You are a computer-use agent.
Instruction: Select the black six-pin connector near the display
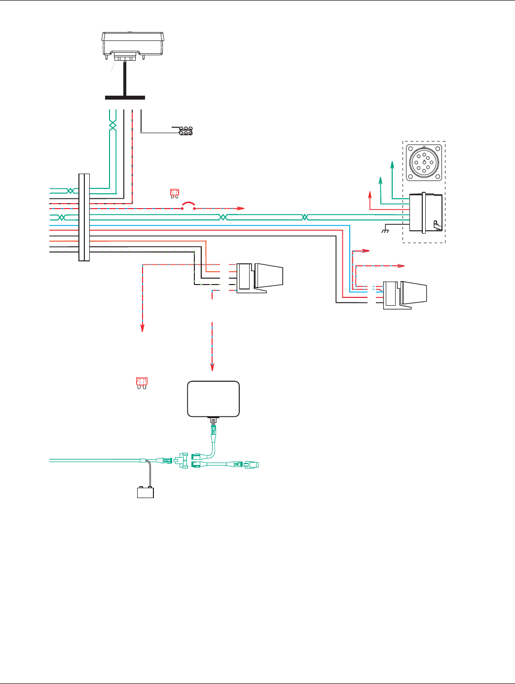pyautogui.click(x=186, y=131)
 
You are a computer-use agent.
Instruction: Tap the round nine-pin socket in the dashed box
pyautogui.click(x=424, y=162)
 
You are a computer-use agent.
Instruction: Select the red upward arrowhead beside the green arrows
pyautogui.click(x=370, y=194)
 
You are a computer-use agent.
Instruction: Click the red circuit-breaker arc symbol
pyautogui.click(x=188, y=204)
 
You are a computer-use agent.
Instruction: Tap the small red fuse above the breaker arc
pyautogui.click(x=175, y=193)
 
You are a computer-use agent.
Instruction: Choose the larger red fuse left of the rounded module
pyautogui.click(x=142, y=383)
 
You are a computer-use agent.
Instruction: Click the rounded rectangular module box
pyautogui.click(x=214, y=398)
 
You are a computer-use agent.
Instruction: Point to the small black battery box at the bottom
pyautogui.click(x=146, y=492)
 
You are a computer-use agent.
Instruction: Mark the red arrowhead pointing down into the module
pyautogui.click(x=213, y=367)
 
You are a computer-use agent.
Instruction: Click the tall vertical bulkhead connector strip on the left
pyautogui.click(x=84, y=217)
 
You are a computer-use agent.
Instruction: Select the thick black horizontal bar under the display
pyautogui.click(x=125, y=97)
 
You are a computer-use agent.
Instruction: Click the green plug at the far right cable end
pyautogui.click(x=255, y=465)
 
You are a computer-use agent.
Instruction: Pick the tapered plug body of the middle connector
pyautogui.click(x=269, y=276)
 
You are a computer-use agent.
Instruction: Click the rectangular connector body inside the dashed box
pyautogui.click(x=426, y=213)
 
